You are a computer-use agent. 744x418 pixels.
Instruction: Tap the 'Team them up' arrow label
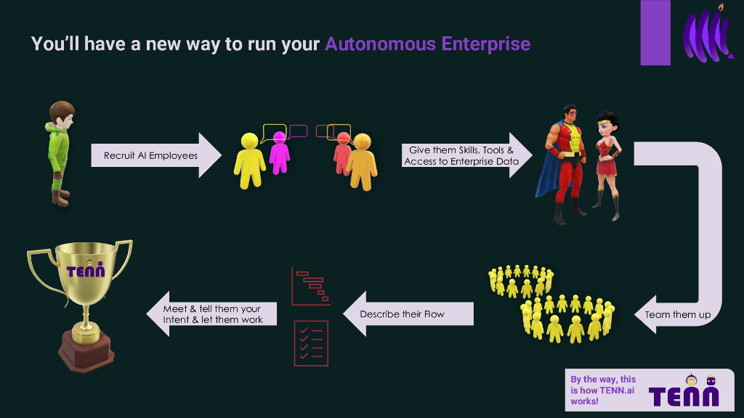click(x=676, y=315)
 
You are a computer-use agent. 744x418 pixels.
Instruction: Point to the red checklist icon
click(x=311, y=343)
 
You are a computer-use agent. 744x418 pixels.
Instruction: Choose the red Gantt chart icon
click(x=311, y=286)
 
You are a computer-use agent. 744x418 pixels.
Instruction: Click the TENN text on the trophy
click(x=86, y=271)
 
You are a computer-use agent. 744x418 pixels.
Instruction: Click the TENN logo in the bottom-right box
click(x=684, y=395)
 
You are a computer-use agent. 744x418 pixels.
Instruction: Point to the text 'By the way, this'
click(x=602, y=380)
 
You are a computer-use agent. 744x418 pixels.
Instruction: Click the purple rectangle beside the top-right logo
click(x=655, y=33)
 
